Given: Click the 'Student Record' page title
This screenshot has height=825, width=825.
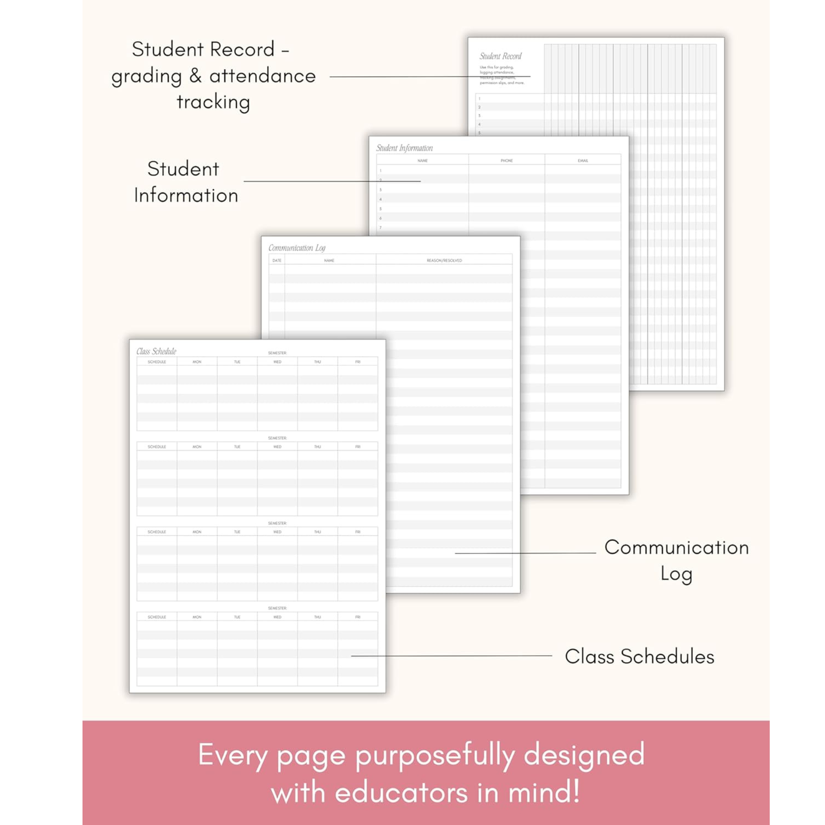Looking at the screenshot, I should [500, 57].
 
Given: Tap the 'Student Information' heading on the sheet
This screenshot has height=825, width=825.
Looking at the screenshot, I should [404, 148].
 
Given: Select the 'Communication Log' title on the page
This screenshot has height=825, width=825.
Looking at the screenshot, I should [297, 248].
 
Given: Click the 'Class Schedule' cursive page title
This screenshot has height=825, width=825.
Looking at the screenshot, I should [156, 351].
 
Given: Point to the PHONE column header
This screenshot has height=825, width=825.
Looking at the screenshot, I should [507, 161].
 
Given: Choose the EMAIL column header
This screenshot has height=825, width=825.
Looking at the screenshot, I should [583, 161].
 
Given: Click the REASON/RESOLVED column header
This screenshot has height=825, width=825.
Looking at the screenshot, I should [444, 260].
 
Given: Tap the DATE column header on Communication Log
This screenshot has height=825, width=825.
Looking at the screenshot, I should [277, 260].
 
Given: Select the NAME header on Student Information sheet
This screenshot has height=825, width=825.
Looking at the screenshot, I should [422, 161].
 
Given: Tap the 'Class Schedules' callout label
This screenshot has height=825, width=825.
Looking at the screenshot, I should [639, 657].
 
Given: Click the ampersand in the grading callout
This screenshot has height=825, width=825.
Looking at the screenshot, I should [195, 76].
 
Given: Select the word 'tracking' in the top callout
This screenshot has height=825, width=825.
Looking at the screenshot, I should [213, 102].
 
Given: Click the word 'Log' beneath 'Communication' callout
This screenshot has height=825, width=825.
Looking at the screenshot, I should [676, 574].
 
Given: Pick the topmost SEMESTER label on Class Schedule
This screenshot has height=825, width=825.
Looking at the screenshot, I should [277, 353].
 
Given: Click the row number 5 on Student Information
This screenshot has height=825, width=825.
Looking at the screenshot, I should [380, 209].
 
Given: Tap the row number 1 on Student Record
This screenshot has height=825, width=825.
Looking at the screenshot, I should [479, 99].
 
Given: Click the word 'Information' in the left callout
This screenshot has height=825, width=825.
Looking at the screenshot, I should [186, 196].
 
